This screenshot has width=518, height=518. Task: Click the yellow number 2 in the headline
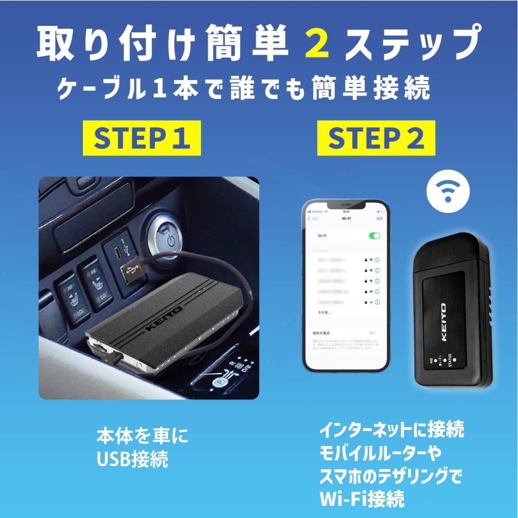click(315, 44)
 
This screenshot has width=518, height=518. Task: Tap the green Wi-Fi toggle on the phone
click(374, 236)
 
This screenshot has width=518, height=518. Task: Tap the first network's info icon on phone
click(378, 260)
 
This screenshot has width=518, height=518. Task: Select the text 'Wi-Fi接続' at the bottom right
click(362, 498)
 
